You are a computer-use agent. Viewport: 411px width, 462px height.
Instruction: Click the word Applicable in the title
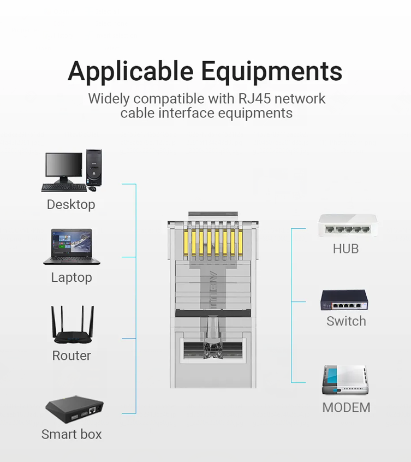(x=130, y=72)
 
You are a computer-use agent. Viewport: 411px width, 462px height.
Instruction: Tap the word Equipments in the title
(x=272, y=72)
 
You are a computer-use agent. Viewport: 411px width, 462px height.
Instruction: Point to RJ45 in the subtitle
(x=254, y=98)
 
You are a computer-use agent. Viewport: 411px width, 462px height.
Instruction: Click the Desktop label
(x=71, y=204)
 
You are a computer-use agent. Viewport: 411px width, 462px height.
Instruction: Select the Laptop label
(x=72, y=277)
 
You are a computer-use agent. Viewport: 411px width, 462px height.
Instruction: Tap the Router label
(x=72, y=356)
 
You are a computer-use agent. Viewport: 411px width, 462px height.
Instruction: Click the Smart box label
(x=72, y=434)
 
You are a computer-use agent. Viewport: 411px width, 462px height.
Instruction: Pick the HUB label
(x=346, y=249)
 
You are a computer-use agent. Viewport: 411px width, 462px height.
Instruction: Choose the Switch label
(x=346, y=321)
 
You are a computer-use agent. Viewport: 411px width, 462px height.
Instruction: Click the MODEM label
(x=346, y=408)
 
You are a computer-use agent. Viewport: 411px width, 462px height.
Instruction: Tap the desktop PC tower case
(x=94, y=168)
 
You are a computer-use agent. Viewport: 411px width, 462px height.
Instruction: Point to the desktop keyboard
(x=64, y=188)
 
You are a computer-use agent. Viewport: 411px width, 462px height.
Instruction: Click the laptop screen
(x=72, y=243)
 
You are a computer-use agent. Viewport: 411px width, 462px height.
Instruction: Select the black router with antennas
(x=73, y=325)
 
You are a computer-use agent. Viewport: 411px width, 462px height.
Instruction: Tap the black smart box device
(x=74, y=410)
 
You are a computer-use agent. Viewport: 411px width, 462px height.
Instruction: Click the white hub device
(x=348, y=226)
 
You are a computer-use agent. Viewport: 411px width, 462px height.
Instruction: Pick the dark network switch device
(x=344, y=300)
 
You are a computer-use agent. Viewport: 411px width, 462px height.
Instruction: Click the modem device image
(x=345, y=380)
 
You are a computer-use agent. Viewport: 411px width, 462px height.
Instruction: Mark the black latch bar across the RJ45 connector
(x=213, y=313)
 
